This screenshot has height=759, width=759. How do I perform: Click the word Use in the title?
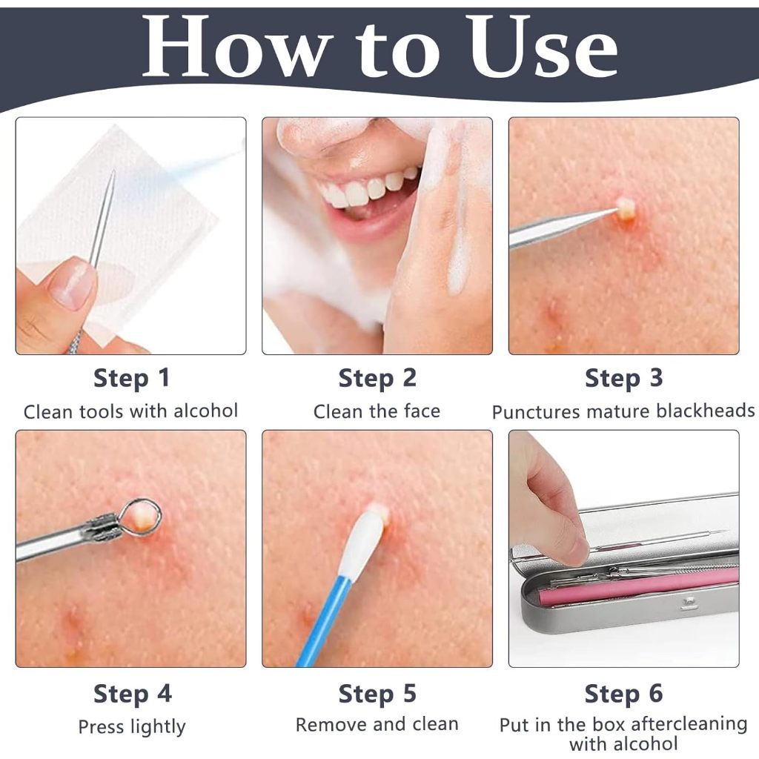pos(543,47)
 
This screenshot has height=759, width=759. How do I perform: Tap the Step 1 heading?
pos(132,379)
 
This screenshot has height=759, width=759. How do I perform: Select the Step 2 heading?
pos(377,379)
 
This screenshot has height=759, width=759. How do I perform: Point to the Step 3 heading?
pos(624,379)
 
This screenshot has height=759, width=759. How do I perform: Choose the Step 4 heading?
pos(133,694)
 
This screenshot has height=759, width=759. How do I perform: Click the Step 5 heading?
pos(377,694)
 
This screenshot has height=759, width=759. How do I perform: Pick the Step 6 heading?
pos(624,694)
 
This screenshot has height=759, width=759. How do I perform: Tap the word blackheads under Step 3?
pos(706,411)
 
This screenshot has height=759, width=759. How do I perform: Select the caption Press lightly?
pos(132,726)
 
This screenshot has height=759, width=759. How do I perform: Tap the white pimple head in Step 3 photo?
pos(624,208)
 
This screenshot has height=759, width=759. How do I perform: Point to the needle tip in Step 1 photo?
pos(113,172)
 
